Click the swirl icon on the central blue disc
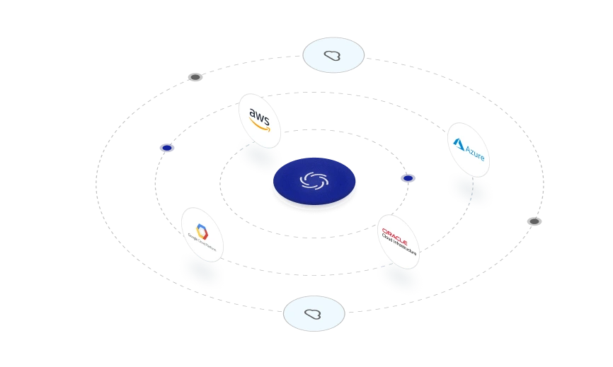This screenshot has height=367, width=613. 314,180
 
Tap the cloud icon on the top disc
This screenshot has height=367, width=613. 333,55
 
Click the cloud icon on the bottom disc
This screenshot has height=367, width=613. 314,314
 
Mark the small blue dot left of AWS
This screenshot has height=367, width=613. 168,147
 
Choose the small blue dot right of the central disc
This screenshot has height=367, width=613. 408,179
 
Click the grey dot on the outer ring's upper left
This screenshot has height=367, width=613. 195,76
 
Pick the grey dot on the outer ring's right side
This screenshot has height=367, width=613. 535,221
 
